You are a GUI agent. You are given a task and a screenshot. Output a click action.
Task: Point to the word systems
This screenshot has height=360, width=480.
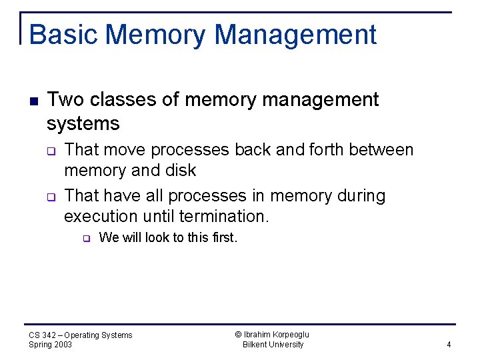(x=83, y=123)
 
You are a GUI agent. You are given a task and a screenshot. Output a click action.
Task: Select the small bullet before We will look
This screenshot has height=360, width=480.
(x=85, y=238)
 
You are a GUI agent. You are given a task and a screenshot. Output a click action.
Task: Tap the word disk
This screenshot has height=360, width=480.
(x=181, y=171)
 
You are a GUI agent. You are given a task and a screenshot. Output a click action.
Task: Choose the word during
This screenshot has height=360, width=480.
(x=362, y=196)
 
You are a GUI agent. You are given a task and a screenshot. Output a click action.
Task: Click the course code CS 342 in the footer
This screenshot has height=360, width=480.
(x=44, y=335)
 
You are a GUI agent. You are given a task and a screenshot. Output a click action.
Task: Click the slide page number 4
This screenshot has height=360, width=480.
(x=449, y=345)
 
